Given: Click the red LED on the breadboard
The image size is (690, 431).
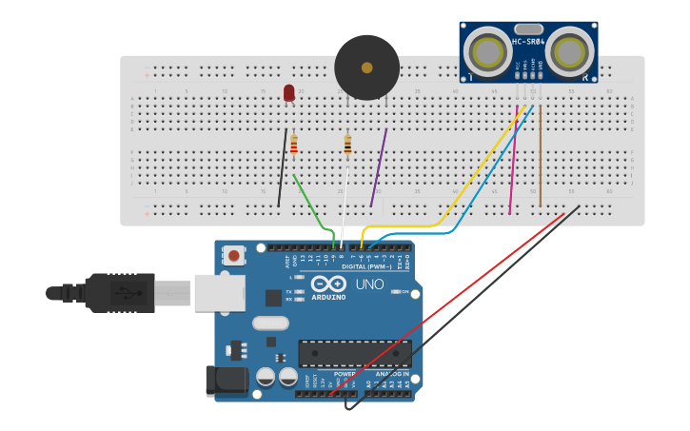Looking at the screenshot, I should pyautogui.click(x=288, y=92).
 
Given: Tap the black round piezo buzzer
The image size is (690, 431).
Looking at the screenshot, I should pyautogui.click(x=366, y=68).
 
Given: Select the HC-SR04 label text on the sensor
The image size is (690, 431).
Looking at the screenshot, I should pyautogui.click(x=528, y=42).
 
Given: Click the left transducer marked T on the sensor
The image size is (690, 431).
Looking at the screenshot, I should pyautogui.click(x=488, y=50).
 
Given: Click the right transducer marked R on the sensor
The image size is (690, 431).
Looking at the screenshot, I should pyautogui.click(x=570, y=50).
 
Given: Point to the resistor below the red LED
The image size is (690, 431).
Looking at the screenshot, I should pyautogui.click(x=294, y=145).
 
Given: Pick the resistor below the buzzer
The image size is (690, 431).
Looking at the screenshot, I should pyautogui.click(x=347, y=145).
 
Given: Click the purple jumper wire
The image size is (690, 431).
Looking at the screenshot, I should pyautogui.click(x=379, y=167).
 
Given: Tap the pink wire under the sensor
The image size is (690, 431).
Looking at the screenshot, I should pyautogui.click(x=514, y=162).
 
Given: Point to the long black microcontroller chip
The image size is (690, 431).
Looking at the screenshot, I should pyautogui.click(x=355, y=354).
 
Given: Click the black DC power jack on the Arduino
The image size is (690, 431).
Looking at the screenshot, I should pyautogui.click(x=227, y=381).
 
